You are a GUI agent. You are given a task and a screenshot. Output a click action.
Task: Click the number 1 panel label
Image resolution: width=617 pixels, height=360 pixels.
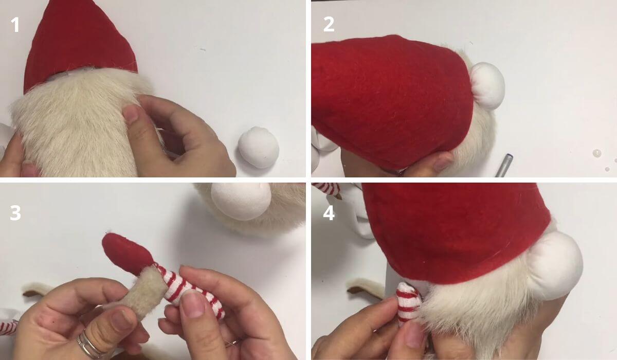click(15, 24)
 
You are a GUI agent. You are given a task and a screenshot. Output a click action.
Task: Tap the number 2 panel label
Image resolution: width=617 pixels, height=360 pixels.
click(329, 24)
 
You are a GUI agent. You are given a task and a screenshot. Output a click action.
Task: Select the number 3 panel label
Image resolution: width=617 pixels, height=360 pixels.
click(15, 212)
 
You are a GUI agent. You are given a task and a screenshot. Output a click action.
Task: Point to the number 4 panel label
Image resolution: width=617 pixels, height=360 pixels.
click(329, 212)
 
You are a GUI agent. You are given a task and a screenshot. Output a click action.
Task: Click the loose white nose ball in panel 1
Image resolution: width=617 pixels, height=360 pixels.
click(259, 147)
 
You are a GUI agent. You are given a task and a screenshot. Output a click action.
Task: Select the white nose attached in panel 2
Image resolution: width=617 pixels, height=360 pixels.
click(487, 86)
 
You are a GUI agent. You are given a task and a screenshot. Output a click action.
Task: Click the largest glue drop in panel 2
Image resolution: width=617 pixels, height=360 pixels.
click(596, 153)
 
